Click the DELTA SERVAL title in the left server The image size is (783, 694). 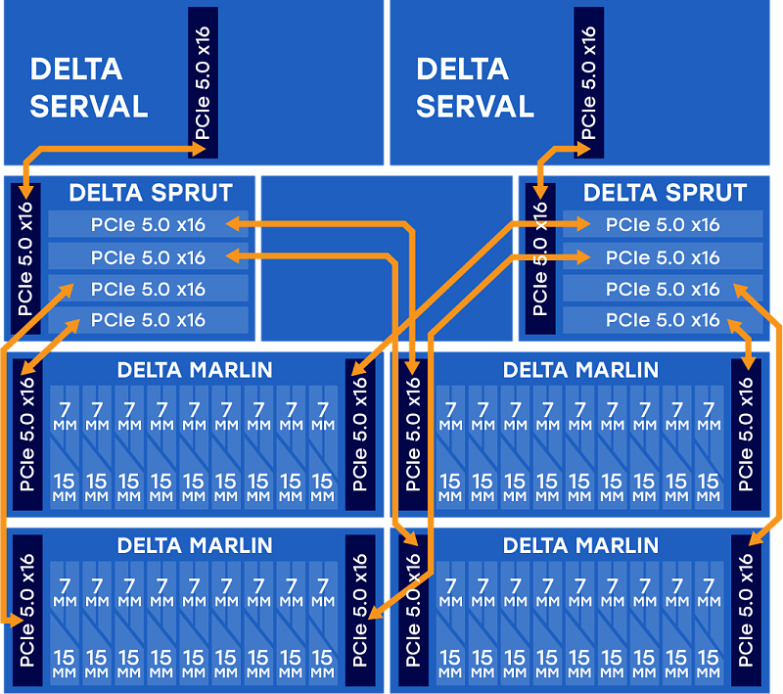[88, 87]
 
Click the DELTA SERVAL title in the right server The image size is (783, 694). [475, 87]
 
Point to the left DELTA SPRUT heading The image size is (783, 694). [151, 192]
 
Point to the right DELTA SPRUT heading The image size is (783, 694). [665, 192]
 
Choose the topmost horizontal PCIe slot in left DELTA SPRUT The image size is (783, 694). [148, 224]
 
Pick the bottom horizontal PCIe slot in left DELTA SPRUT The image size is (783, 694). [148, 320]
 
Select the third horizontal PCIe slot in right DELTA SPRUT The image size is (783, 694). [663, 289]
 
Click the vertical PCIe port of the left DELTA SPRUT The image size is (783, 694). [25, 258]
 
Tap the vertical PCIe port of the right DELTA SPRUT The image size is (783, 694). [539, 258]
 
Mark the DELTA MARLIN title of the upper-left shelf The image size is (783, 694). [195, 370]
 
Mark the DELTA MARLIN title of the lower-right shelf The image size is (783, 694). [580, 545]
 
